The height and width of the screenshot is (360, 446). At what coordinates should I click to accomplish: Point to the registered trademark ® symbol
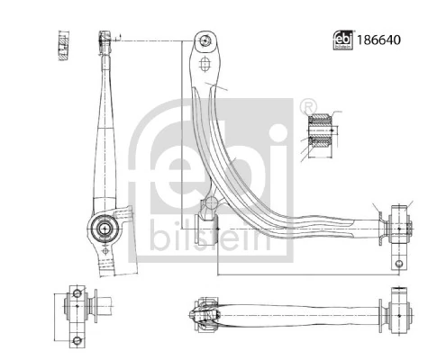(309, 105)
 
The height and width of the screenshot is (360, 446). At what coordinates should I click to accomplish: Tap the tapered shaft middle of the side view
(105, 135)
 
